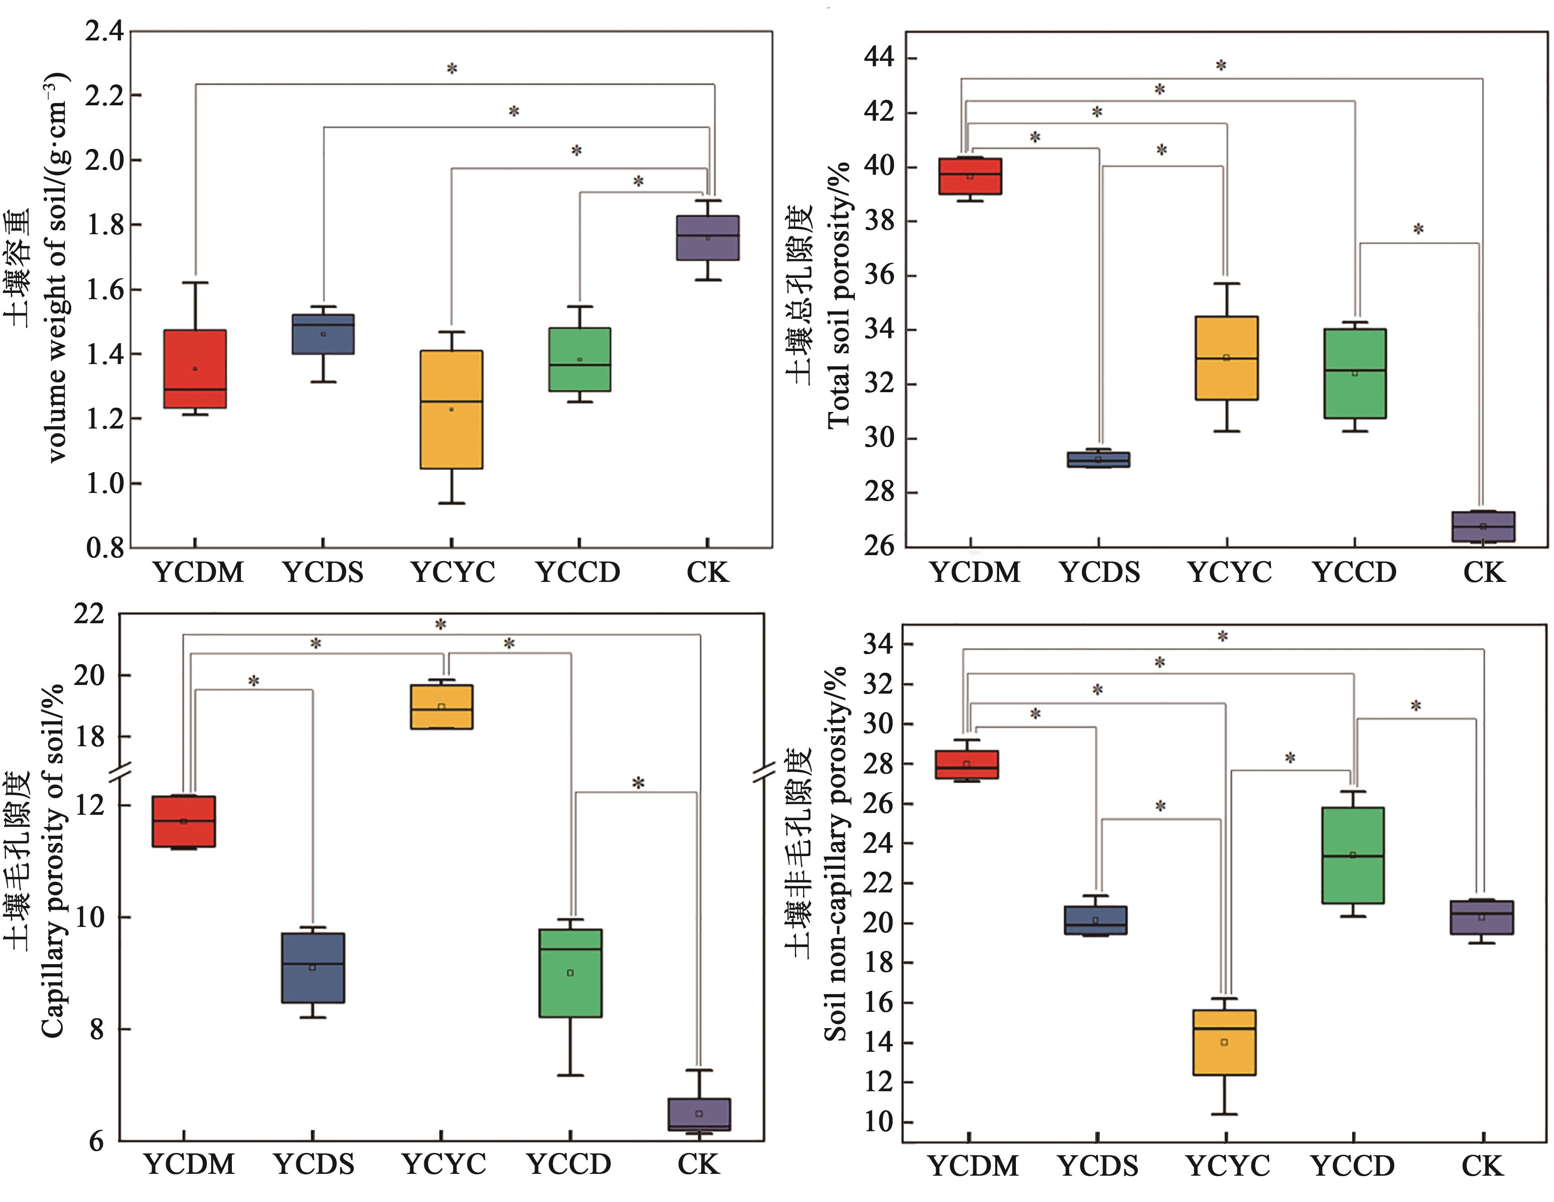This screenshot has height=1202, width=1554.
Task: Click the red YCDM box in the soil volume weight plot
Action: [x=195, y=369]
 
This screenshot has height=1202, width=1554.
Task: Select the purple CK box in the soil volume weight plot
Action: [x=707, y=238]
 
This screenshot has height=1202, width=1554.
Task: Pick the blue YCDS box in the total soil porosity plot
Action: [x=1098, y=459]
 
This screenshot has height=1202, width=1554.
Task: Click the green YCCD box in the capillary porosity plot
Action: [x=570, y=973]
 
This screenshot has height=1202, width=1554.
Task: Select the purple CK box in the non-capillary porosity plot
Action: [x=1482, y=916]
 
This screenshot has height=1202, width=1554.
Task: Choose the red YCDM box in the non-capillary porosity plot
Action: [x=966, y=764]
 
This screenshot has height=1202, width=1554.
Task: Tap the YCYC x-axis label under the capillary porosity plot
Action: [x=444, y=1164]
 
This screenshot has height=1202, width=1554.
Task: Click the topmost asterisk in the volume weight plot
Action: [x=452, y=69]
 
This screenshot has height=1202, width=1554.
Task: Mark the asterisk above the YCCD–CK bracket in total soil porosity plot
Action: [x=1418, y=229]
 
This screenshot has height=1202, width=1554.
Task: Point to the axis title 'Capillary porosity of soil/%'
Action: [x=54, y=861]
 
